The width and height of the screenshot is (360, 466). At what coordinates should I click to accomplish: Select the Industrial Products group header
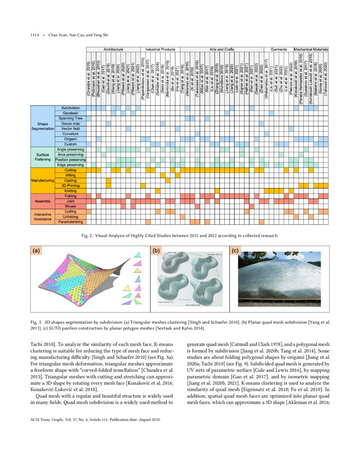point(160,50)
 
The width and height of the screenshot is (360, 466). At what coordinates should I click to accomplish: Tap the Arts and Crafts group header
point(222,50)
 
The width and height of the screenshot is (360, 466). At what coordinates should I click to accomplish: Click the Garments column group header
point(279,50)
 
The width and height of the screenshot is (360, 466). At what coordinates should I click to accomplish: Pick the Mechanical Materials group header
point(311,50)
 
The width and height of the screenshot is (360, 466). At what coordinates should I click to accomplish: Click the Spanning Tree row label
point(70,118)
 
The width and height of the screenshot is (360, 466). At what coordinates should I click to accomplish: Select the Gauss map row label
point(70,123)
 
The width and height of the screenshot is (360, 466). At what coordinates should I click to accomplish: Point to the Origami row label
point(70,139)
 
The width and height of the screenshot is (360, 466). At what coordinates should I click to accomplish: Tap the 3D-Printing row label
point(70,186)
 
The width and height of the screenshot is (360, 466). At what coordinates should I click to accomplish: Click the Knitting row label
point(70,191)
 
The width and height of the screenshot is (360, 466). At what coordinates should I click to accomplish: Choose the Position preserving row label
point(70,160)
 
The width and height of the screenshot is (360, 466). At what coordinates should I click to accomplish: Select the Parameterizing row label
point(70,222)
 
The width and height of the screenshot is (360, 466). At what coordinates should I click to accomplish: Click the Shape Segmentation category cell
point(42,126)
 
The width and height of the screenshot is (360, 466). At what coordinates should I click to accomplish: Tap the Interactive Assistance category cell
point(42,216)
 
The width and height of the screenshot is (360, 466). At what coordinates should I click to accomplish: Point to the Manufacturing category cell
point(42,180)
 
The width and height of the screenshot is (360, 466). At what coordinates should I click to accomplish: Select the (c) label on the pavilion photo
point(235,251)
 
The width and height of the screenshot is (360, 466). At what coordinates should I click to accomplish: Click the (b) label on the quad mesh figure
point(156,251)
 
